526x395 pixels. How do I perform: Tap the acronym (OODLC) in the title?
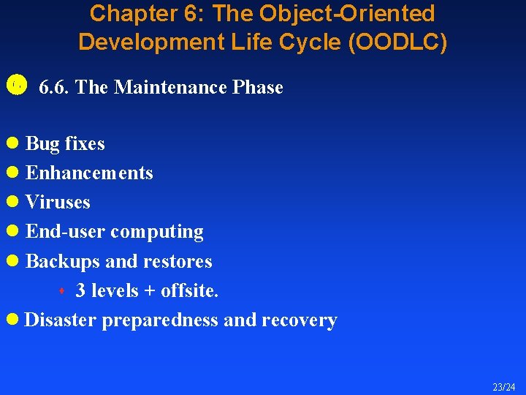398,42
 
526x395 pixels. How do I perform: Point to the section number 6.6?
55,88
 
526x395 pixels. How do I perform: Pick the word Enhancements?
89,173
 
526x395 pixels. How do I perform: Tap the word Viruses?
58,202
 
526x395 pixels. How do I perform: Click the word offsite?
189,290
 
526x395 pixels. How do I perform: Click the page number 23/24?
503,386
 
